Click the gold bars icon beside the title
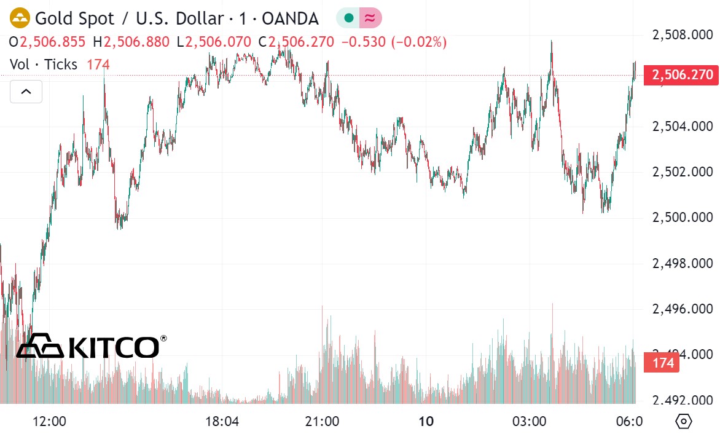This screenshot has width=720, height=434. point(21,18)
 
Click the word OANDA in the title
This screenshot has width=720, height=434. point(290,18)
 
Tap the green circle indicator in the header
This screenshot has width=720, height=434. point(348,18)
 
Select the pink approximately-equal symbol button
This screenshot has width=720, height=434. point(370,18)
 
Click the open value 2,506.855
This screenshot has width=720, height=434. point(52,42)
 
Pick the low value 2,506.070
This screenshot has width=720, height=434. point(217,42)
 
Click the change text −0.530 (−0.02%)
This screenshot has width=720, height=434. point(394,42)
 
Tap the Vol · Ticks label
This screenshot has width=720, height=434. point(44,64)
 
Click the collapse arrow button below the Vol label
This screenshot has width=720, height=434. point(26,92)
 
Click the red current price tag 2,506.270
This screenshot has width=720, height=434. point(681,76)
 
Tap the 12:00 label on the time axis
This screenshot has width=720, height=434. point(49,422)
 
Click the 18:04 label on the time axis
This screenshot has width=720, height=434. point(222,422)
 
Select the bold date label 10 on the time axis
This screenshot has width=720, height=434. point(426,422)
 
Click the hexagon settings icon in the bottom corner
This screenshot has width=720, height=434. point(683,422)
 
